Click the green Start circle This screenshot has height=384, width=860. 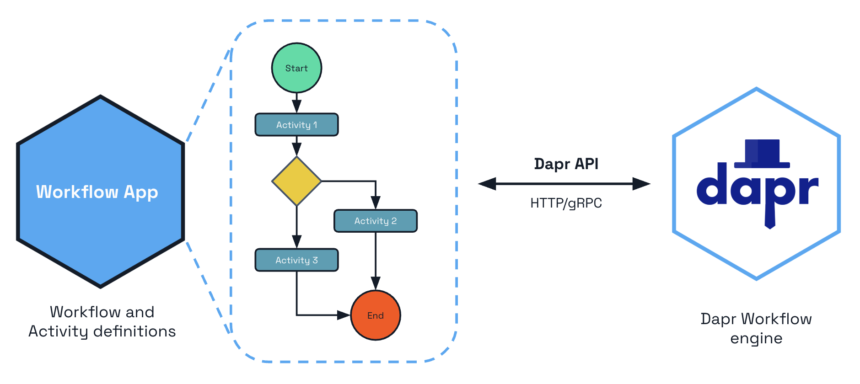pos(296,68)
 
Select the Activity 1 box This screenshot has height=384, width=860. pos(296,125)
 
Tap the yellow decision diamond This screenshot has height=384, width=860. pos(296,181)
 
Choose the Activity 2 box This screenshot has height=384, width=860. pos(375,221)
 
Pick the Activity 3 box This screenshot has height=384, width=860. pos(296,260)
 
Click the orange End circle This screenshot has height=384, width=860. pos(375,315)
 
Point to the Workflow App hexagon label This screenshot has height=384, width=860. pos(97,192)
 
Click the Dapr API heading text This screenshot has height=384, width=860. pos(566,164)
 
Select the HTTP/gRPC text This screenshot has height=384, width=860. pos(566,203)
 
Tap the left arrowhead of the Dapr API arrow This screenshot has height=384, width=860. pos(487,184)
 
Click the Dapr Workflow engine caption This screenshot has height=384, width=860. pos(756,328)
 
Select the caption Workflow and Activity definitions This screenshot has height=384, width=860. pos(102,321)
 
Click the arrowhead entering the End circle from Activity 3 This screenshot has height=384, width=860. pos(344,315)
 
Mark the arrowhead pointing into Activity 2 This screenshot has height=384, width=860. pos(376,203)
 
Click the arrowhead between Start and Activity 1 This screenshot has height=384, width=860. pos(296,106)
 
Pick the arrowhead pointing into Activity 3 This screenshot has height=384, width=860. pos(296,241)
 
